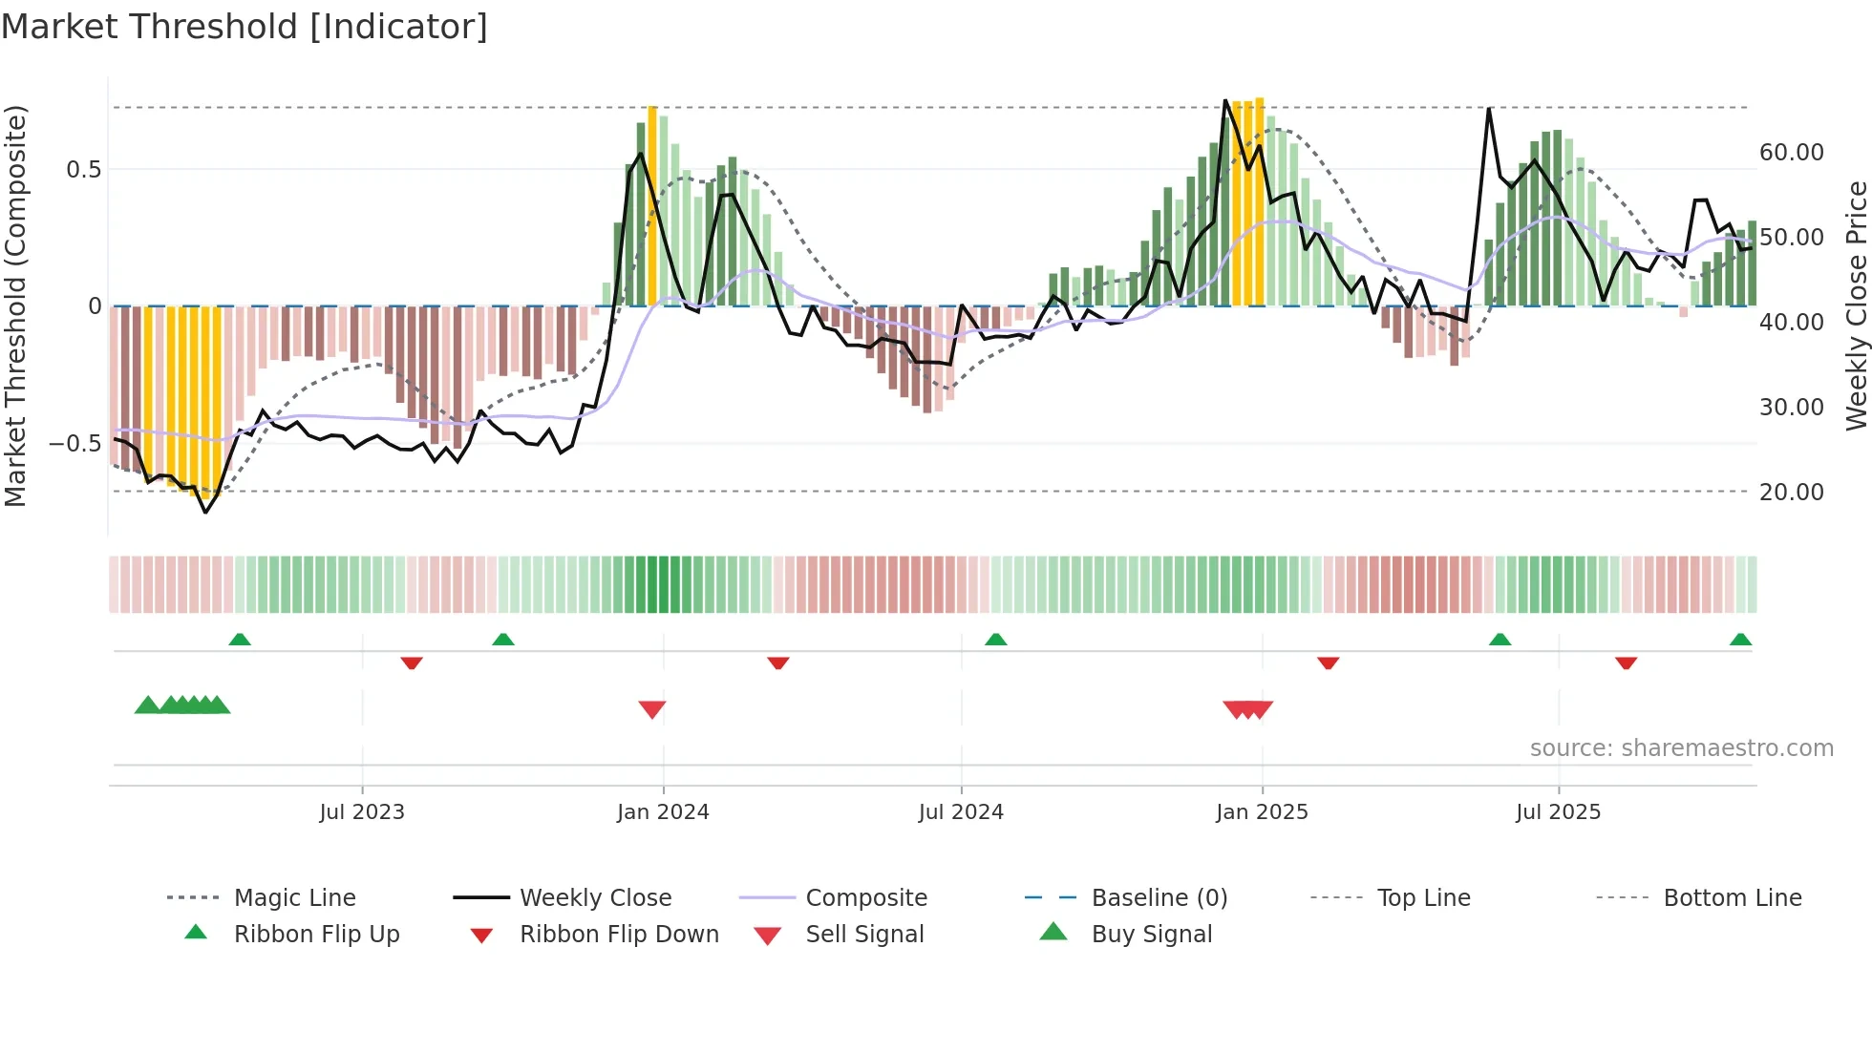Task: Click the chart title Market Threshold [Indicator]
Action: [x=245, y=27]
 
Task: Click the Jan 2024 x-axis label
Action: [x=663, y=812]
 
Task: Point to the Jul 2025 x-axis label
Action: [x=1558, y=812]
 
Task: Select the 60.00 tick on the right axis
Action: [x=1791, y=153]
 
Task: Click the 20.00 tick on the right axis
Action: [x=1791, y=493]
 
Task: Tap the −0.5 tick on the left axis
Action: [x=74, y=444]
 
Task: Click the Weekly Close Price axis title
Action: [x=1856, y=305]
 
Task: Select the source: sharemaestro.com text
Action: [x=1681, y=748]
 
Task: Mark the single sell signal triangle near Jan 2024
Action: [x=652, y=709]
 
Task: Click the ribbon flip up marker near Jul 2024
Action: [x=996, y=640]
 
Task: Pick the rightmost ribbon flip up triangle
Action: [x=1740, y=640]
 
